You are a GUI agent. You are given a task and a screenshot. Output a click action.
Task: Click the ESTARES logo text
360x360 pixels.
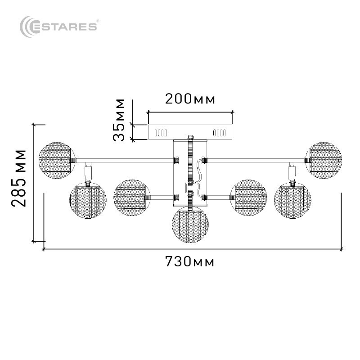point(65,27)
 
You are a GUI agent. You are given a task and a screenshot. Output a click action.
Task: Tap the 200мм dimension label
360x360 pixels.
point(190,99)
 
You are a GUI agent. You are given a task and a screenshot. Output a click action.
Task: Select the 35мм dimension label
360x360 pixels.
point(119,120)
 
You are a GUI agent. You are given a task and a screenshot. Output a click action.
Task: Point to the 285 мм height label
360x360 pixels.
point(18,178)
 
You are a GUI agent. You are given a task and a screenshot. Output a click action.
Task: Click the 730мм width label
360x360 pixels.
point(189,261)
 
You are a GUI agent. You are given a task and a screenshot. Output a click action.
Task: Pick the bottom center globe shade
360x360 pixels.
point(190,225)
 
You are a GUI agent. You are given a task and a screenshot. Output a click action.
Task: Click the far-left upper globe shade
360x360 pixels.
point(57,160)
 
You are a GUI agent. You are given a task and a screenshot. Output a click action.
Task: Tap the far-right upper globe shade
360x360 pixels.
point(324,160)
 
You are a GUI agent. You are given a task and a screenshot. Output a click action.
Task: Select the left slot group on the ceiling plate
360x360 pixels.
point(161,133)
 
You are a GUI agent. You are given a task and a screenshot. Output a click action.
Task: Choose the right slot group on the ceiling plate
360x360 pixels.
point(219,133)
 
